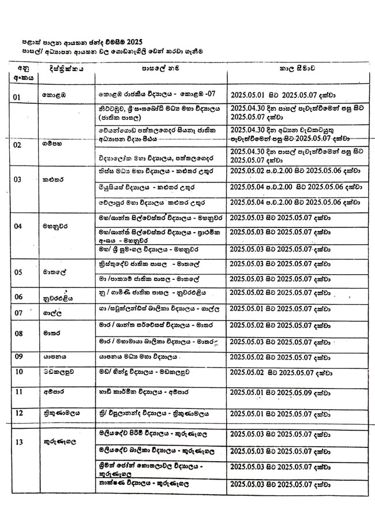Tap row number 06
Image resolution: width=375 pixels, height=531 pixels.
(x=18, y=297)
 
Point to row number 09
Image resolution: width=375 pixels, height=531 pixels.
(x=18, y=357)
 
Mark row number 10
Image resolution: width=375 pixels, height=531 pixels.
(x=18, y=371)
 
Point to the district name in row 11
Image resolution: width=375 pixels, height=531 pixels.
(x=51, y=392)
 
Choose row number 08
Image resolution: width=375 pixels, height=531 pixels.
(x=18, y=333)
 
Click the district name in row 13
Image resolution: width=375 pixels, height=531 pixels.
(x=57, y=442)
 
